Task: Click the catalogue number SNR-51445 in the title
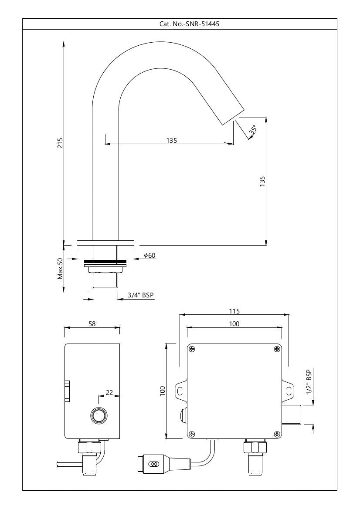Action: point(202,24)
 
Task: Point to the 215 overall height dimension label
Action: point(60,143)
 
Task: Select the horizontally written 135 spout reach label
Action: point(171,140)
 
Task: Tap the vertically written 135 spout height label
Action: point(262,181)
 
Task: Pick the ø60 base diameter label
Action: point(149,256)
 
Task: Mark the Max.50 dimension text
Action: point(60,268)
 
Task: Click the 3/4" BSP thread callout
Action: point(140,295)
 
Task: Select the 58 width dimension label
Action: point(92,324)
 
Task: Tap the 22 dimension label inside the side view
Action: point(109,392)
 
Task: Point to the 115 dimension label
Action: point(234,311)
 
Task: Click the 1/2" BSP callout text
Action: point(309,382)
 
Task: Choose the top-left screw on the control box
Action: point(192,349)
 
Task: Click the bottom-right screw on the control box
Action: point(277,433)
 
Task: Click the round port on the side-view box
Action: point(98,416)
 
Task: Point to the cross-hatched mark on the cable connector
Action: point(153,464)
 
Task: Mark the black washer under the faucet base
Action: point(105,261)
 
